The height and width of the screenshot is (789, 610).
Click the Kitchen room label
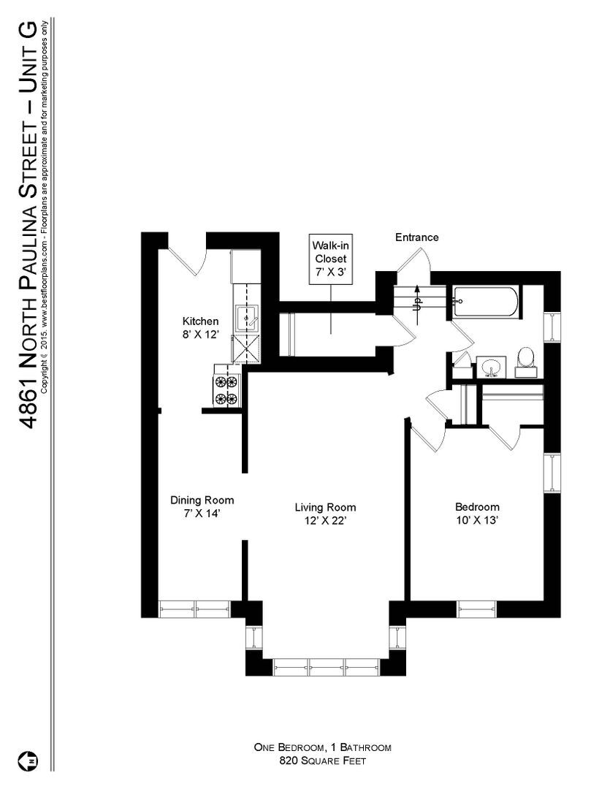click(200, 321)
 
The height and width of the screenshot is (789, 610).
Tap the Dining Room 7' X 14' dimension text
click(202, 514)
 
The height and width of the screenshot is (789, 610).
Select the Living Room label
click(325, 507)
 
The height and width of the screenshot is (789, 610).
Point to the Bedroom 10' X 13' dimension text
click(477, 520)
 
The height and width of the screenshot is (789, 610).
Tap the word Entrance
click(416, 237)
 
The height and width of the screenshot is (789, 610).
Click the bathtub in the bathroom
click(486, 301)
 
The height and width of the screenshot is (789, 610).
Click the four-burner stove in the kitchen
click(226, 389)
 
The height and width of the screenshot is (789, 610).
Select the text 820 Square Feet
click(322, 761)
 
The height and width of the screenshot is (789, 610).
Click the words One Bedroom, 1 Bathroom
click(322, 747)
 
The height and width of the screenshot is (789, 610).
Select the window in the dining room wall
click(194, 609)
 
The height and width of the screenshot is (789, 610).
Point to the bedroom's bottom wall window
click(476, 609)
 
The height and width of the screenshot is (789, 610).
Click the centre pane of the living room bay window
click(327, 666)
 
